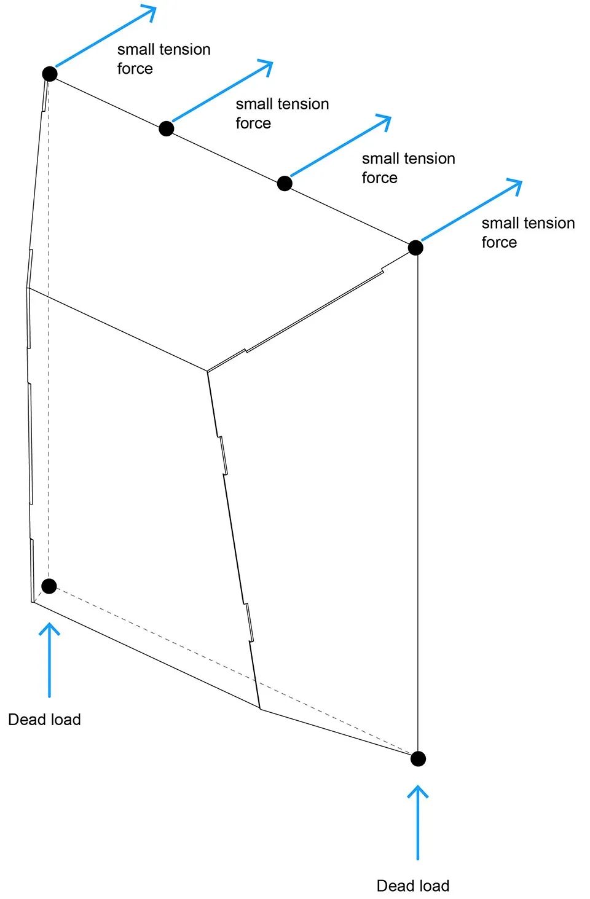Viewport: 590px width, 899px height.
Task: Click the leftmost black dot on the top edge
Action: [50, 74]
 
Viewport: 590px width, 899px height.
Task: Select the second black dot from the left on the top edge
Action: [166, 128]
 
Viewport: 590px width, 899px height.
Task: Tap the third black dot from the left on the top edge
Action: [285, 183]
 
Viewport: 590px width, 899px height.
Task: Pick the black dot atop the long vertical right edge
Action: [415, 248]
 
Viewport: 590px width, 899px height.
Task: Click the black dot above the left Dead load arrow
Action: [49, 586]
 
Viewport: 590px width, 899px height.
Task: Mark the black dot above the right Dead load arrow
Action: [418, 758]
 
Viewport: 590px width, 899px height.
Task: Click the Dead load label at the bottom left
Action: [44, 720]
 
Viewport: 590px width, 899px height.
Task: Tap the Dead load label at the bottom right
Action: [413, 885]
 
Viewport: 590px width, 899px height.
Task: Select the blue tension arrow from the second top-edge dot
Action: [221, 92]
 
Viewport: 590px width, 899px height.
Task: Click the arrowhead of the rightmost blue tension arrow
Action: [515, 184]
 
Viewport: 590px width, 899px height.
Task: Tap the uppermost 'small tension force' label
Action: [163, 58]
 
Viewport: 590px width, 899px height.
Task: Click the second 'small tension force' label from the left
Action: [282, 113]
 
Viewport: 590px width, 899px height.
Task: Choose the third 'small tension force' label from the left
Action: [408, 168]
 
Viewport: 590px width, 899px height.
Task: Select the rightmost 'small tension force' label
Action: [528, 232]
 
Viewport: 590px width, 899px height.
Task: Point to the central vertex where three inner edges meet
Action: [208, 371]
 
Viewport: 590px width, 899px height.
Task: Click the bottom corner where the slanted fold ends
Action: [261, 709]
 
